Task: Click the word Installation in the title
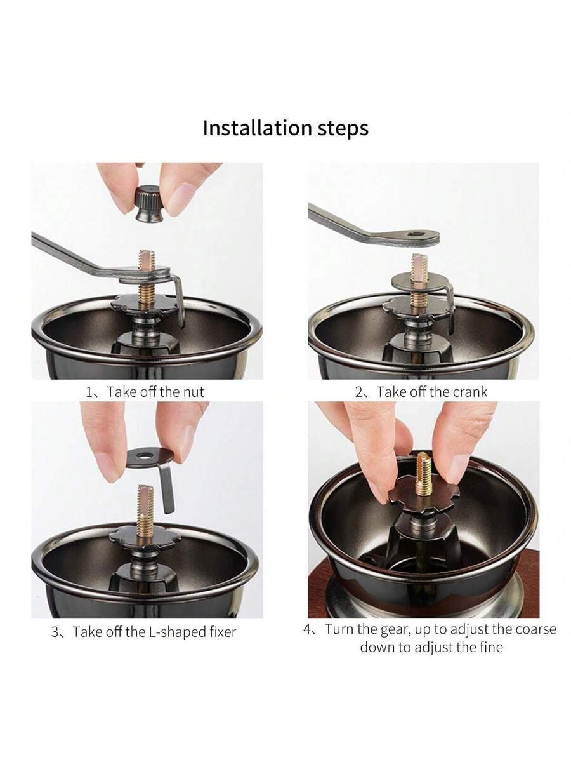click(258, 128)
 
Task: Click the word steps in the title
click(343, 129)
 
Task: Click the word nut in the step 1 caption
click(194, 392)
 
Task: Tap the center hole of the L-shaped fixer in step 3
click(143, 454)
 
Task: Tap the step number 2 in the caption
click(358, 392)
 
